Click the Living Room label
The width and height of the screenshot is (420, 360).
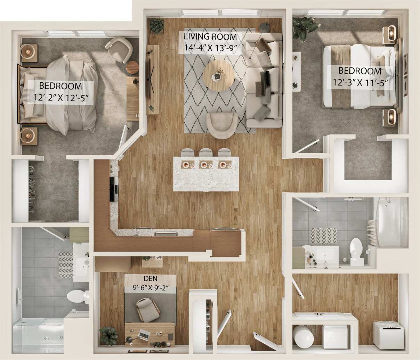pyautogui.click(x=210, y=37)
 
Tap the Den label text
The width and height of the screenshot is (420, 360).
pyautogui.click(x=150, y=278)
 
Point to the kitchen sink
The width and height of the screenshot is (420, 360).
pyautogui.click(x=166, y=234)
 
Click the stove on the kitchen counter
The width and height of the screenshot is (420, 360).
pyautogui.click(x=114, y=189)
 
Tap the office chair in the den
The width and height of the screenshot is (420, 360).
pyautogui.click(x=147, y=309)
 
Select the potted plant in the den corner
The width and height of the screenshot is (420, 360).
pyautogui.click(x=109, y=335)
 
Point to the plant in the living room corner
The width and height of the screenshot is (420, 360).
pyautogui.click(x=156, y=25)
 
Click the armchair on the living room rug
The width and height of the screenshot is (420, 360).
pyautogui.click(x=221, y=125)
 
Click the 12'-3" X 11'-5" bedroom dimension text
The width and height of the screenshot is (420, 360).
pyautogui.click(x=360, y=83)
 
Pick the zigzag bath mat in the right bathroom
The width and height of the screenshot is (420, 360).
pyautogui.click(x=323, y=236)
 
